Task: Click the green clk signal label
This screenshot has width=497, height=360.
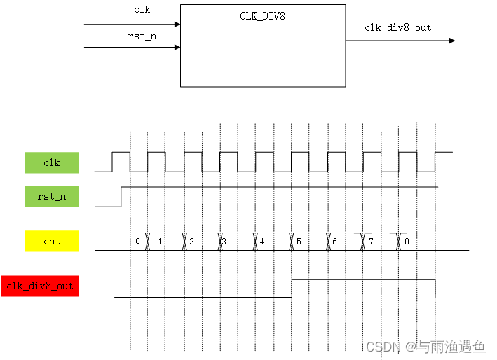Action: tap(52, 162)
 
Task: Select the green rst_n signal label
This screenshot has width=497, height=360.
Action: tap(52, 197)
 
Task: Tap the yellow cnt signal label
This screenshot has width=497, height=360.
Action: tap(52, 242)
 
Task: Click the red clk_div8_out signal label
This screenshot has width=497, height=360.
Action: tap(40, 286)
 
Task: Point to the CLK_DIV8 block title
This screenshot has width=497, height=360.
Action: tap(262, 15)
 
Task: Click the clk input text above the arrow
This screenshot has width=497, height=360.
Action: tap(142, 10)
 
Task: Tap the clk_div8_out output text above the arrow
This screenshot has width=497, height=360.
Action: tap(397, 28)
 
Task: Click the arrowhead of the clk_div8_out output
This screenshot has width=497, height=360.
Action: tap(451, 41)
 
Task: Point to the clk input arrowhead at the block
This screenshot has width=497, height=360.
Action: tap(177, 24)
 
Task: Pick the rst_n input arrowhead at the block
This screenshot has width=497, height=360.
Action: tap(177, 48)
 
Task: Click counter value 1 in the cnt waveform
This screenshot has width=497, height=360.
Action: tap(161, 242)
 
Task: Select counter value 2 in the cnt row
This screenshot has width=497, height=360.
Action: tap(191, 242)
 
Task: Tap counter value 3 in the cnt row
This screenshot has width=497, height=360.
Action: tap(224, 242)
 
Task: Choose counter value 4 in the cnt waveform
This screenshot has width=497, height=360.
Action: tap(261, 242)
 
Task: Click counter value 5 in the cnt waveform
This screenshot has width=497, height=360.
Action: tap(299, 242)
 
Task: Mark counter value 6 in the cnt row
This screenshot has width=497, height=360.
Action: tap(334, 242)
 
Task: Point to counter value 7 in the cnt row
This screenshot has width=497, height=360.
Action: tap(371, 242)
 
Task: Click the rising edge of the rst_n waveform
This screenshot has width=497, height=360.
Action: tap(121, 197)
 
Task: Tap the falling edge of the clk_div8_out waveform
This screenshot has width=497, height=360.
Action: tap(435, 288)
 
